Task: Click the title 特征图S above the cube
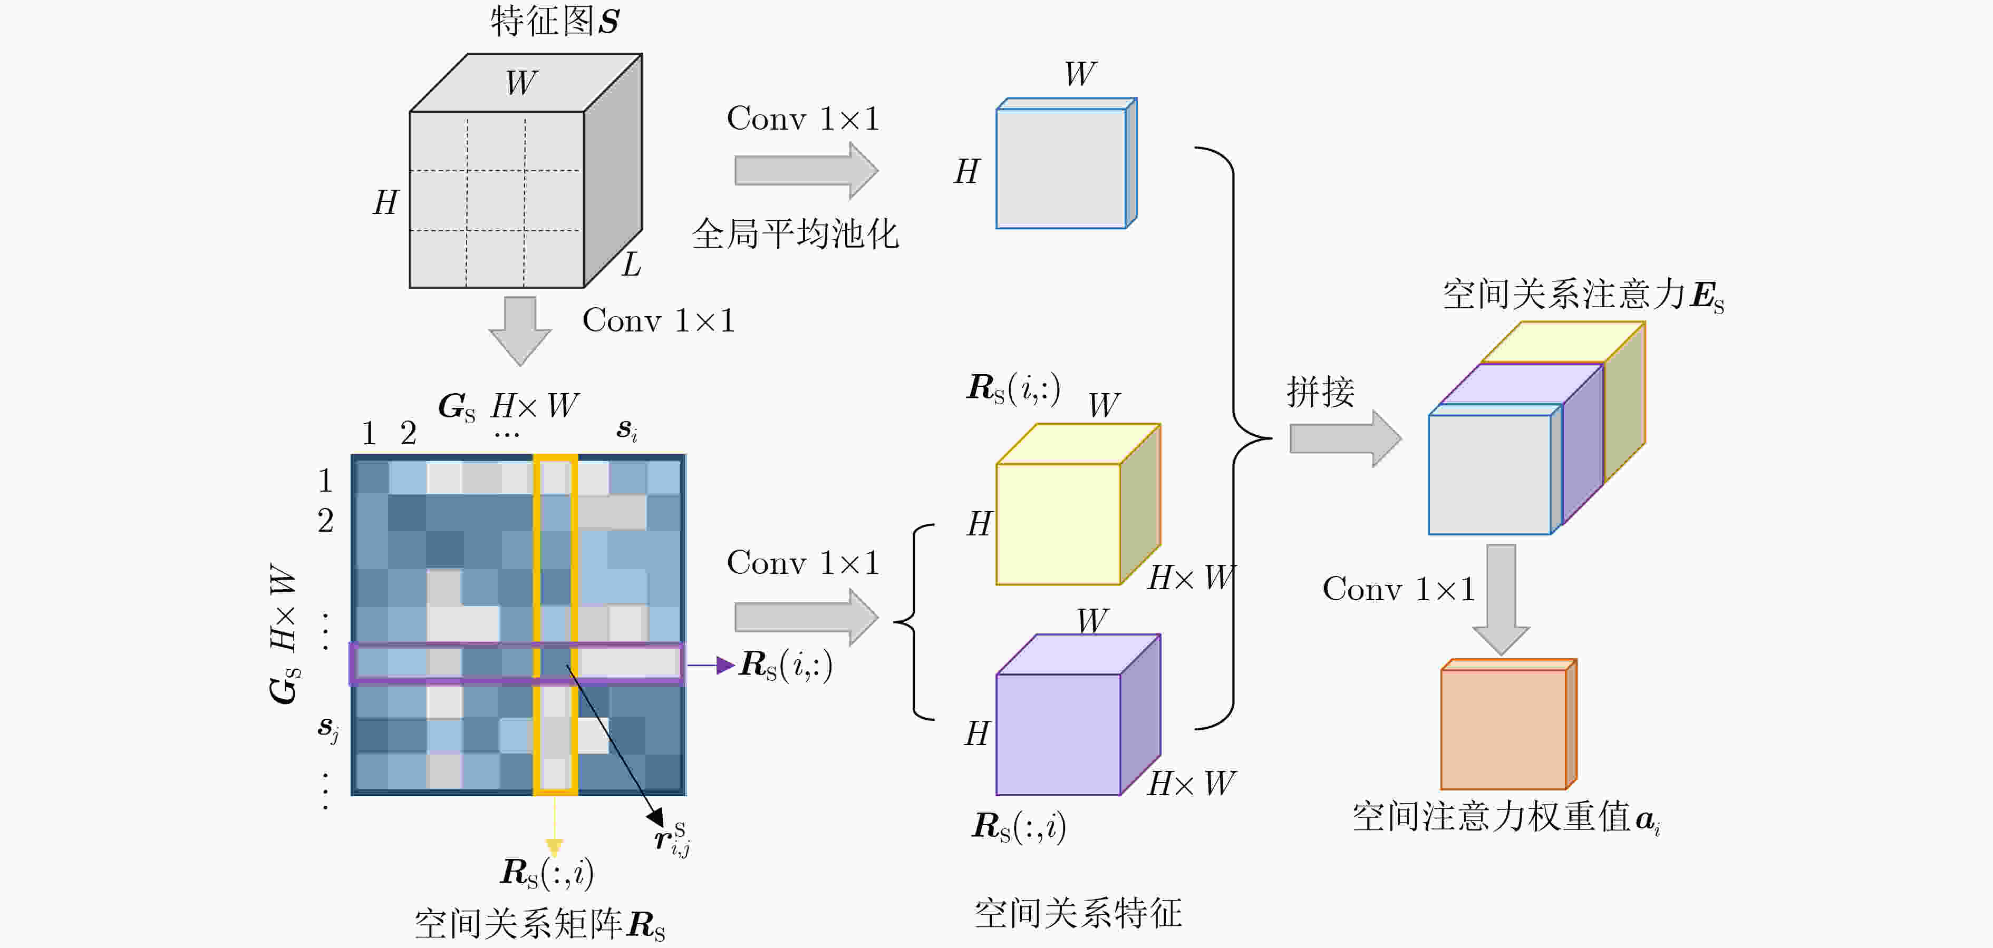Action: coord(555,21)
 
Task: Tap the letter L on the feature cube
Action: coord(631,265)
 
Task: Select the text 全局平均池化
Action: coord(795,233)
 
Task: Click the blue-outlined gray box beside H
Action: coord(1066,163)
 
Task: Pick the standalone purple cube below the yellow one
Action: coord(1078,715)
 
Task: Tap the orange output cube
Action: coord(1508,724)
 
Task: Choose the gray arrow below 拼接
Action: coord(1346,438)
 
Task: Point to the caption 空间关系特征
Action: coord(1078,913)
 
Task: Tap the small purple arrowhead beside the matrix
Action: coord(725,665)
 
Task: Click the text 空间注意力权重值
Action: coord(1491,817)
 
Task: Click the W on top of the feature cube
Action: coord(522,82)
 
